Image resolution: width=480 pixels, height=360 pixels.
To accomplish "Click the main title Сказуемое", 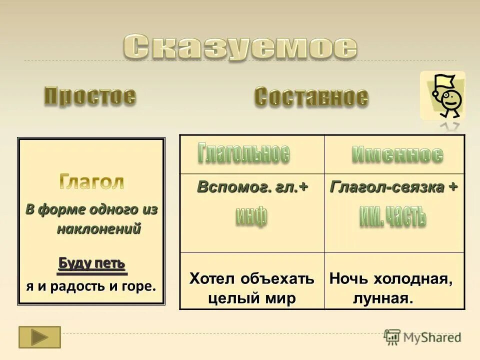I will pos(240,47).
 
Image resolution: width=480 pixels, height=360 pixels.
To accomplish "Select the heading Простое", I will pos(90,95).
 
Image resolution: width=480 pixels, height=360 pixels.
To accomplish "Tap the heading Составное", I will pos(311,96).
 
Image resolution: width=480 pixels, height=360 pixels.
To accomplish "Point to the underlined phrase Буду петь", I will pos(91,263).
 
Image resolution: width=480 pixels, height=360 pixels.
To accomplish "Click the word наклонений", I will pos(98,229).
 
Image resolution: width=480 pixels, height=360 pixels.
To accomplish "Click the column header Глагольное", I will pos(243,153).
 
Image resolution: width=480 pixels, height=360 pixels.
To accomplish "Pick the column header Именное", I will pos(397,154).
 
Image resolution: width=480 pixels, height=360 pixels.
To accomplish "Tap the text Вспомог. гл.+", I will pos(252,187).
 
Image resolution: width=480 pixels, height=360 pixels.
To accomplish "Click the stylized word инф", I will pos(251,216).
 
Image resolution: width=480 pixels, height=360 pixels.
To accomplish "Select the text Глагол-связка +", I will pos(393,187).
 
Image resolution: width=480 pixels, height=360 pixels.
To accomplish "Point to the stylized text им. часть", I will pos(393,217).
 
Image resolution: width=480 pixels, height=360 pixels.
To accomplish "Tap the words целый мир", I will pos(251,298).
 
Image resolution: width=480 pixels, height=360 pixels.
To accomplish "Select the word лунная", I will pos(383,299).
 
